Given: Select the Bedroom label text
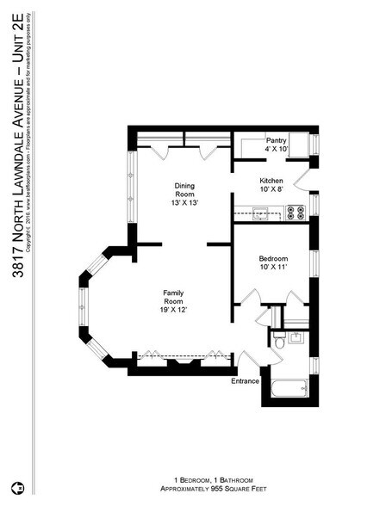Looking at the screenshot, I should [273, 259].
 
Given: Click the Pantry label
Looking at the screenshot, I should [276, 139].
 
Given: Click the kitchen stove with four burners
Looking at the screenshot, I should [296, 212].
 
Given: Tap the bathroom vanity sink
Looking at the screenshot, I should [296, 336].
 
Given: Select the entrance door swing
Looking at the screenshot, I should [249, 360].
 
